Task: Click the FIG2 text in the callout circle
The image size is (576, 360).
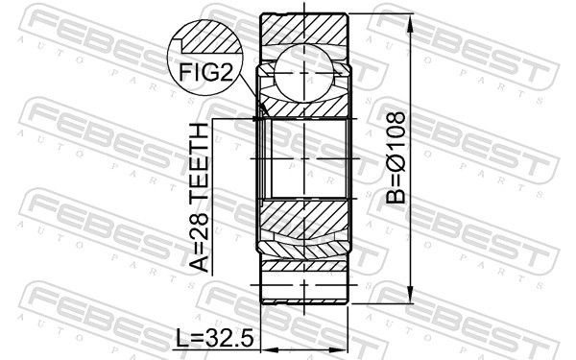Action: tap(205, 72)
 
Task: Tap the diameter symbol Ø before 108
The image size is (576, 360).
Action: tap(396, 162)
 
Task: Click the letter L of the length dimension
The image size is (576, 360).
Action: tap(181, 338)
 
